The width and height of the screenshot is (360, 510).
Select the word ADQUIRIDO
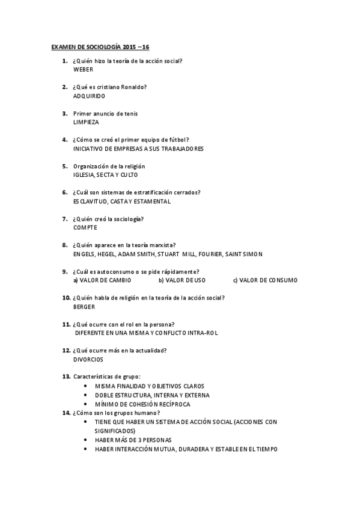coord(89,96)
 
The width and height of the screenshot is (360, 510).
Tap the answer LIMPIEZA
coord(86,122)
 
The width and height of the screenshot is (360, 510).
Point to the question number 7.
coord(64,219)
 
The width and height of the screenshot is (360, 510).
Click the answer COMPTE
coord(85,228)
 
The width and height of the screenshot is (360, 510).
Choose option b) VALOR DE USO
coord(182,280)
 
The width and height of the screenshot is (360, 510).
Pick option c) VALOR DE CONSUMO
coord(265,280)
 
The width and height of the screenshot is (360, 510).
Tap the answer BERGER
coord(84,307)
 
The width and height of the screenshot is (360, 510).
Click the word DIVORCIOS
coord(88,360)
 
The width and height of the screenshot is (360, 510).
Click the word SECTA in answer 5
coord(108,175)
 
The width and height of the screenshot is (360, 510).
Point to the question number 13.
coord(66,376)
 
